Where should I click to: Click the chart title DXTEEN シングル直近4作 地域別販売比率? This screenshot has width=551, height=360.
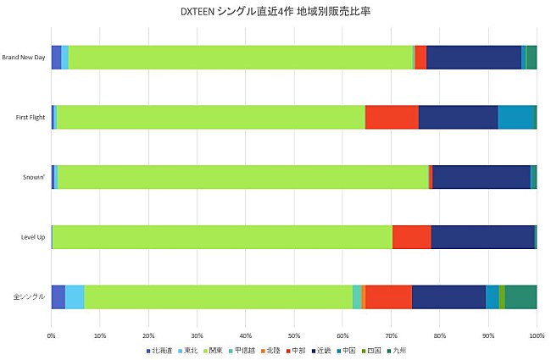275,12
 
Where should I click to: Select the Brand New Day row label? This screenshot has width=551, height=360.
24,58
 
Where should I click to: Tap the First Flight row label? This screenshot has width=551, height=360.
30,118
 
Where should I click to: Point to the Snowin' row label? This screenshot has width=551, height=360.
33,177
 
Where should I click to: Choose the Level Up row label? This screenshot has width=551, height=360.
33,237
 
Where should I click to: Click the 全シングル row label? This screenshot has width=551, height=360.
30,297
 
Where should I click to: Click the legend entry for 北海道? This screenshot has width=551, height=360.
161,350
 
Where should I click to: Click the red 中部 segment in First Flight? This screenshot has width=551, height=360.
392,118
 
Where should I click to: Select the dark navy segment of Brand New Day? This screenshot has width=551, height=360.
473,58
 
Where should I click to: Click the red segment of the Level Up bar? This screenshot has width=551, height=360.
411,237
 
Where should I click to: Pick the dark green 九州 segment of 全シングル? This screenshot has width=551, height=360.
520,297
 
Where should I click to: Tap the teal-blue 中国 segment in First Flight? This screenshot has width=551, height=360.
515,118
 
